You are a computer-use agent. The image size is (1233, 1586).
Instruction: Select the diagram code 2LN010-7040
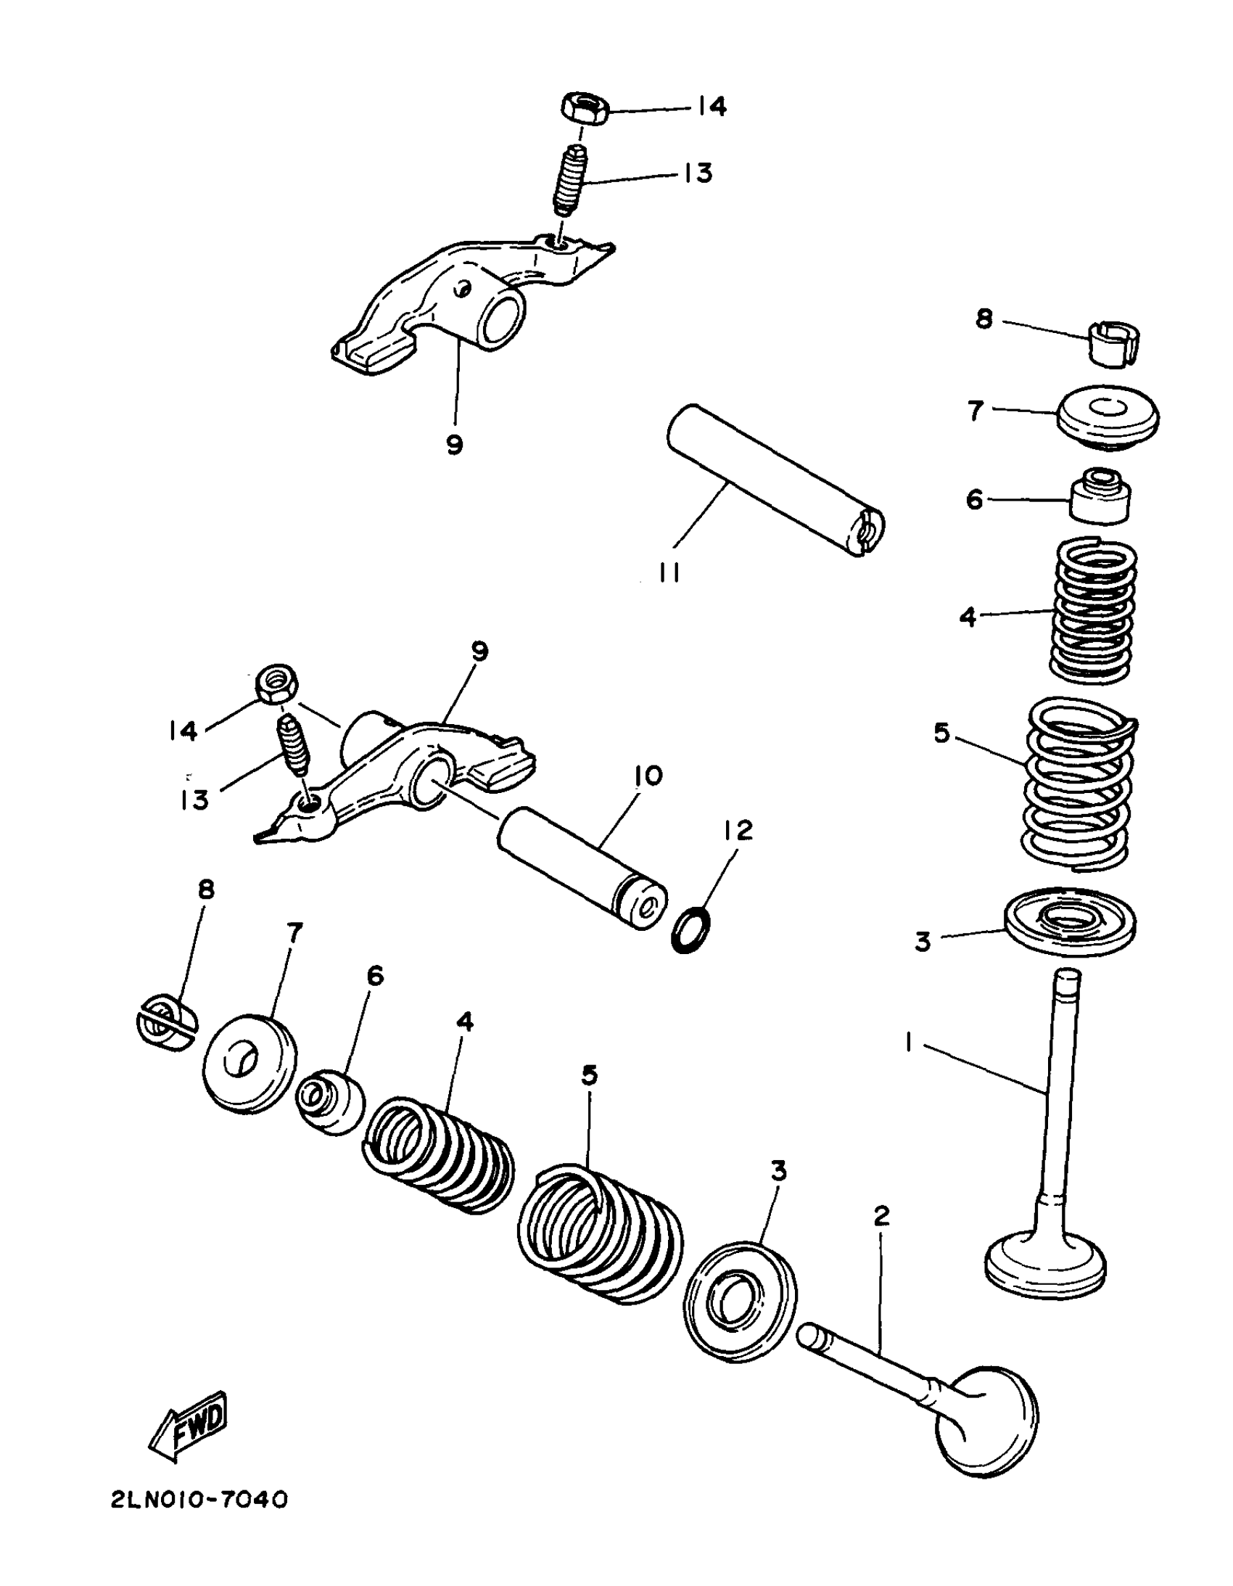tap(199, 1500)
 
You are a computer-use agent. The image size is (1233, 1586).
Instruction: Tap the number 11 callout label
tap(669, 574)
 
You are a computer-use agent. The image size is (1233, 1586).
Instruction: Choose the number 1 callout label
tap(908, 1043)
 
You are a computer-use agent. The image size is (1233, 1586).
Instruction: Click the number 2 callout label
tap(881, 1215)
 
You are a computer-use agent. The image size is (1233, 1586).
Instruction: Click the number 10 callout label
tap(648, 776)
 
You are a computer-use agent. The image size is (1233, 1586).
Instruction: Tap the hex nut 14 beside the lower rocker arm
tap(274, 683)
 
